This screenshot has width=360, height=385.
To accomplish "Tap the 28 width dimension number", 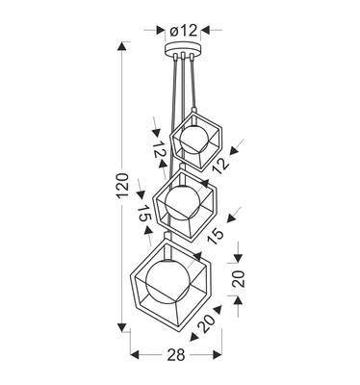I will pyautogui.click(x=175, y=355).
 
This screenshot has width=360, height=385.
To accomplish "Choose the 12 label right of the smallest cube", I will pyautogui.click(x=222, y=164).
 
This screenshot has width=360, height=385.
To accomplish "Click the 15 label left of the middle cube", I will pyautogui.click(x=145, y=215).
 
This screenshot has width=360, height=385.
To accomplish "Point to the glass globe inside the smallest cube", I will pyautogui.click(x=193, y=141).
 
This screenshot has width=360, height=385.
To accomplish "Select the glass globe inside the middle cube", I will pyautogui.click(x=183, y=202).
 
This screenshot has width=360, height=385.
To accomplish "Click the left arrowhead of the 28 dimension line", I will pyautogui.click(x=132, y=354).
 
